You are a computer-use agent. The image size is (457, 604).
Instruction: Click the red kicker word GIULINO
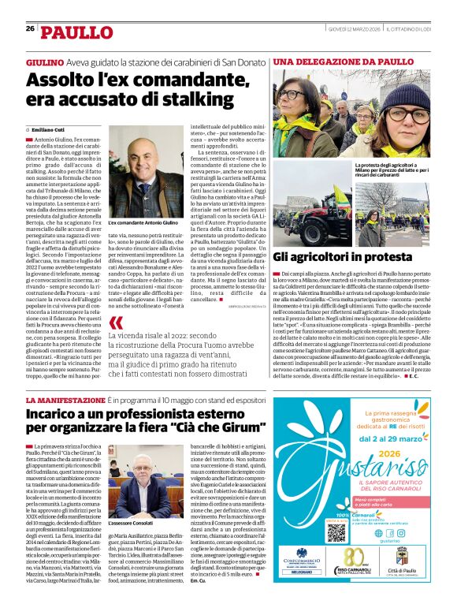click(x=45, y=62)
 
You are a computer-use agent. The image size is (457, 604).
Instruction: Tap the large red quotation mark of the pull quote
click(x=117, y=323)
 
